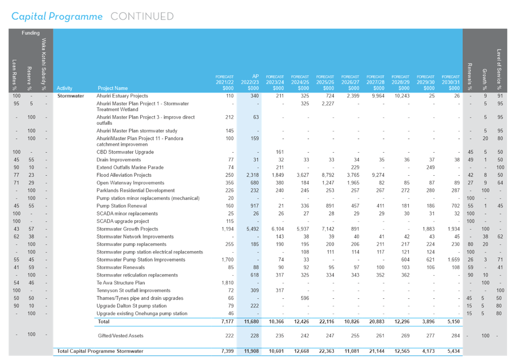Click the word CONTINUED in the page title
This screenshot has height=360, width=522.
142,16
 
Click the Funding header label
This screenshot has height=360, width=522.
31,33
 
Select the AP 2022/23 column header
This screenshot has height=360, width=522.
250,82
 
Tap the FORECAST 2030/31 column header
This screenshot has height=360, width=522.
451,83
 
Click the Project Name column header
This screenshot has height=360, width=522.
113,88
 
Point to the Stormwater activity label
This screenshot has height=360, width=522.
70,96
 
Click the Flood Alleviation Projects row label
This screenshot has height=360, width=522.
124,175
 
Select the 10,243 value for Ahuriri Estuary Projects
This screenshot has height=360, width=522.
402,96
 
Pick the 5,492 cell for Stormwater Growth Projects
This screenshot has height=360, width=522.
253,229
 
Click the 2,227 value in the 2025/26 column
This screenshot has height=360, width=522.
328,103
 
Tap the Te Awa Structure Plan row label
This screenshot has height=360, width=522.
121,283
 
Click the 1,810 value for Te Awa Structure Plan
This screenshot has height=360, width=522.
228,283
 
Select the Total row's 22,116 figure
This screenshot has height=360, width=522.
326,322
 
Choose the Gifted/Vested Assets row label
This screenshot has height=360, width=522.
120,336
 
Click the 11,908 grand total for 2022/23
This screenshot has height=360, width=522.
251,351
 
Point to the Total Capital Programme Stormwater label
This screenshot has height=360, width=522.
100,351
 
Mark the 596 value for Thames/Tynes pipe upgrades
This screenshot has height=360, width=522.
305,298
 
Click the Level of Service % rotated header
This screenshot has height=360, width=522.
499,70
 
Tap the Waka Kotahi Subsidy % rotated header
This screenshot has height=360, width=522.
44,64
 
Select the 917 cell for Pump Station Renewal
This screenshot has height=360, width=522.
254,206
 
